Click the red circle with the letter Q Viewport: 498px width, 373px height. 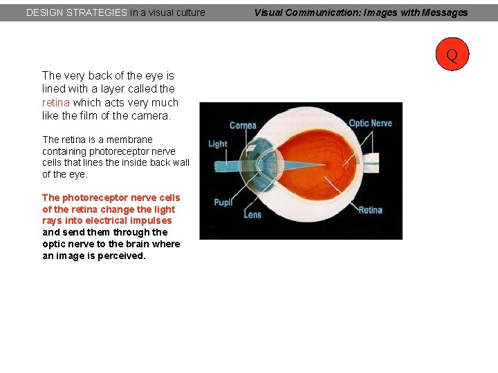(452, 54)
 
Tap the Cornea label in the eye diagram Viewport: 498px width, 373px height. (243, 125)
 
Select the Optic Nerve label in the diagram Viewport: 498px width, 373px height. (370, 123)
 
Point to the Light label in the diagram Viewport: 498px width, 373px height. (218, 144)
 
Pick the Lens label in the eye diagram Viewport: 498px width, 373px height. (252, 214)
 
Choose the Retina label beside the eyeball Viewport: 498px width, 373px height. (370, 209)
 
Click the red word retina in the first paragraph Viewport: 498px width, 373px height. (56, 102)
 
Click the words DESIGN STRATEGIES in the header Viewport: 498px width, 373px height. (76, 12)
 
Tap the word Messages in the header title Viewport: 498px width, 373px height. (443, 12)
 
